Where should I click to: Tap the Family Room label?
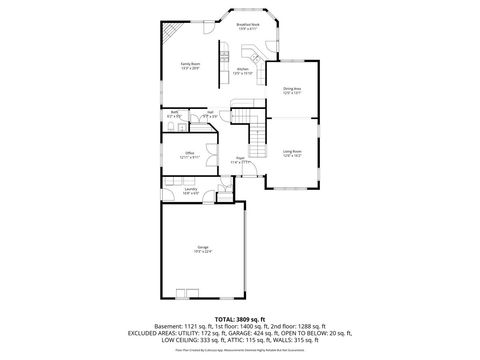(x=190, y=66)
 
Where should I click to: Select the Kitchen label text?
(x=242, y=71)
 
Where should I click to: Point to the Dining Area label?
(x=292, y=91)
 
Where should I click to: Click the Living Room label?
(x=292, y=154)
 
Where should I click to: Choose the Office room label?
(x=189, y=154)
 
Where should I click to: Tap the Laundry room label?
(x=189, y=190)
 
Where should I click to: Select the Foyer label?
(x=241, y=160)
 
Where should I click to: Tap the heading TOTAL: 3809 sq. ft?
(x=240, y=318)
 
